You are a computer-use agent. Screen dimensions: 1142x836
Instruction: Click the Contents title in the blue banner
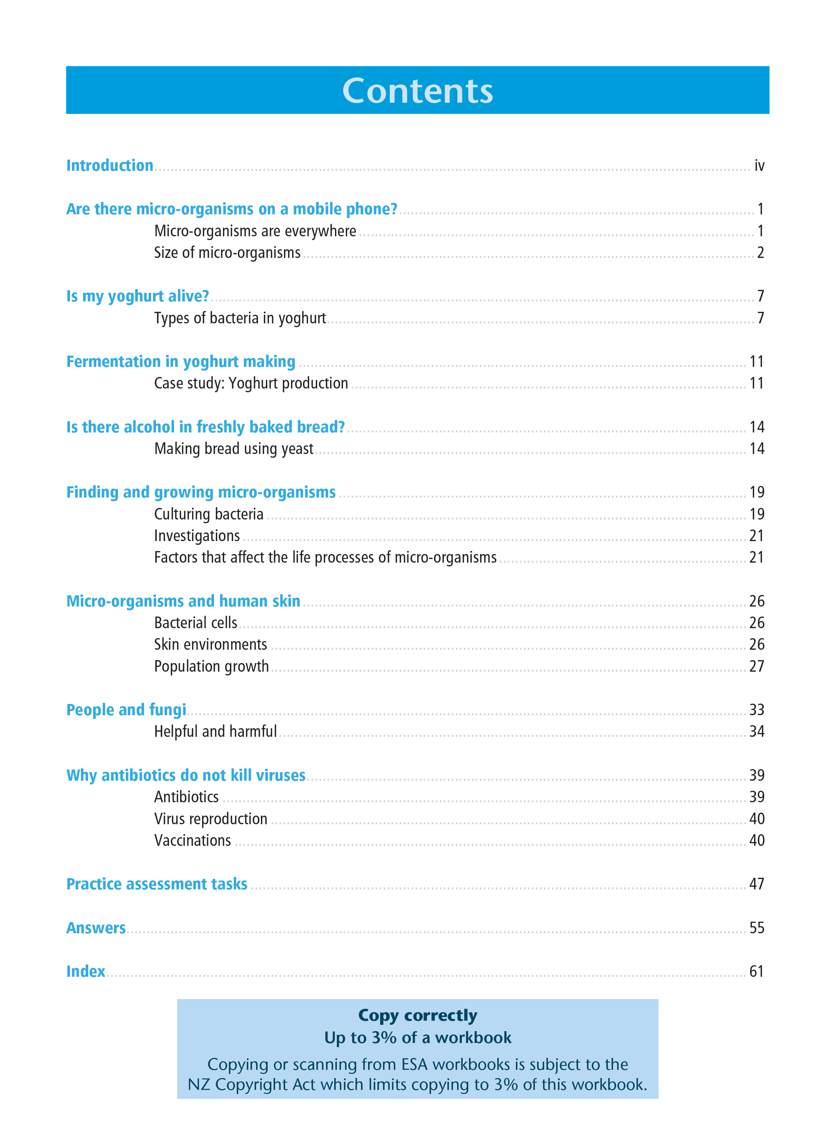tap(418, 91)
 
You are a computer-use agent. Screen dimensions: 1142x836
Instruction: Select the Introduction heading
tap(110, 165)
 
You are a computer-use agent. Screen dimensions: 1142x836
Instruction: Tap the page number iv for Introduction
tap(759, 166)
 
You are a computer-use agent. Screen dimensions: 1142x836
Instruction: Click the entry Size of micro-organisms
tap(227, 253)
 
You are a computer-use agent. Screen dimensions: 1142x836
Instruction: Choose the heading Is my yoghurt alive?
tap(137, 296)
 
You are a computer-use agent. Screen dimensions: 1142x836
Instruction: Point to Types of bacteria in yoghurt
tap(240, 318)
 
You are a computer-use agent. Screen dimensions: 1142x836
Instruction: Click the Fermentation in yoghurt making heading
tap(181, 361)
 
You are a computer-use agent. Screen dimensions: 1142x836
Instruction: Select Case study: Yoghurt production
tap(251, 383)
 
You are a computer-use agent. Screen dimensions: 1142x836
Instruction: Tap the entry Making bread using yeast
tap(234, 448)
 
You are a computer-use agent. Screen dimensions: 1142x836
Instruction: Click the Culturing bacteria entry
tap(208, 514)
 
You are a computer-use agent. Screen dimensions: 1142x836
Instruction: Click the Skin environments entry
tap(211, 644)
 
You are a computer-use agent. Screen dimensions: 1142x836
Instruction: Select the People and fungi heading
tap(126, 710)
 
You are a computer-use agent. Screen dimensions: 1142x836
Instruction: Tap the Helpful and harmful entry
tap(215, 731)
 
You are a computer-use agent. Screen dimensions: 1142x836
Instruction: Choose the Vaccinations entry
tap(192, 841)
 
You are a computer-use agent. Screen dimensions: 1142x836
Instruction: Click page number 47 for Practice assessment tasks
tap(757, 884)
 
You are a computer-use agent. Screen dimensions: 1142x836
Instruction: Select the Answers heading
tap(96, 927)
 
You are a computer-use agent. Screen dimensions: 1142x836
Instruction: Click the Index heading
tap(85, 971)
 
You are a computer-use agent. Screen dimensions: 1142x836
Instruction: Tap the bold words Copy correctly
tap(418, 1015)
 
